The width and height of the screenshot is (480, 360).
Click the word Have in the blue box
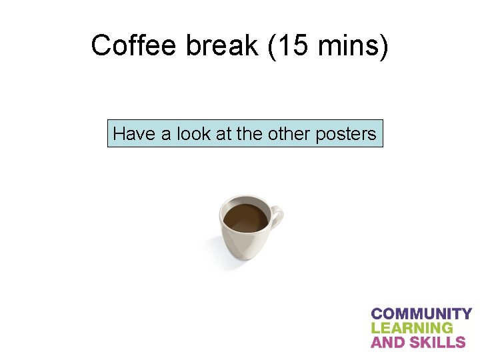[133, 134]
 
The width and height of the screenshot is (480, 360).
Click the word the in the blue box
[249, 134]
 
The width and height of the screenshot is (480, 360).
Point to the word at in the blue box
[223, 134]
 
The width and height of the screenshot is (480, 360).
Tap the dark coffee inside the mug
[245, 217]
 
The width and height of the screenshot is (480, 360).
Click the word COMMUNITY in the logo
[421, 313]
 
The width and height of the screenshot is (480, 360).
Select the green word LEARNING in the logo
[411, 328]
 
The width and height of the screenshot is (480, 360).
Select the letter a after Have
[163, 135]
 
